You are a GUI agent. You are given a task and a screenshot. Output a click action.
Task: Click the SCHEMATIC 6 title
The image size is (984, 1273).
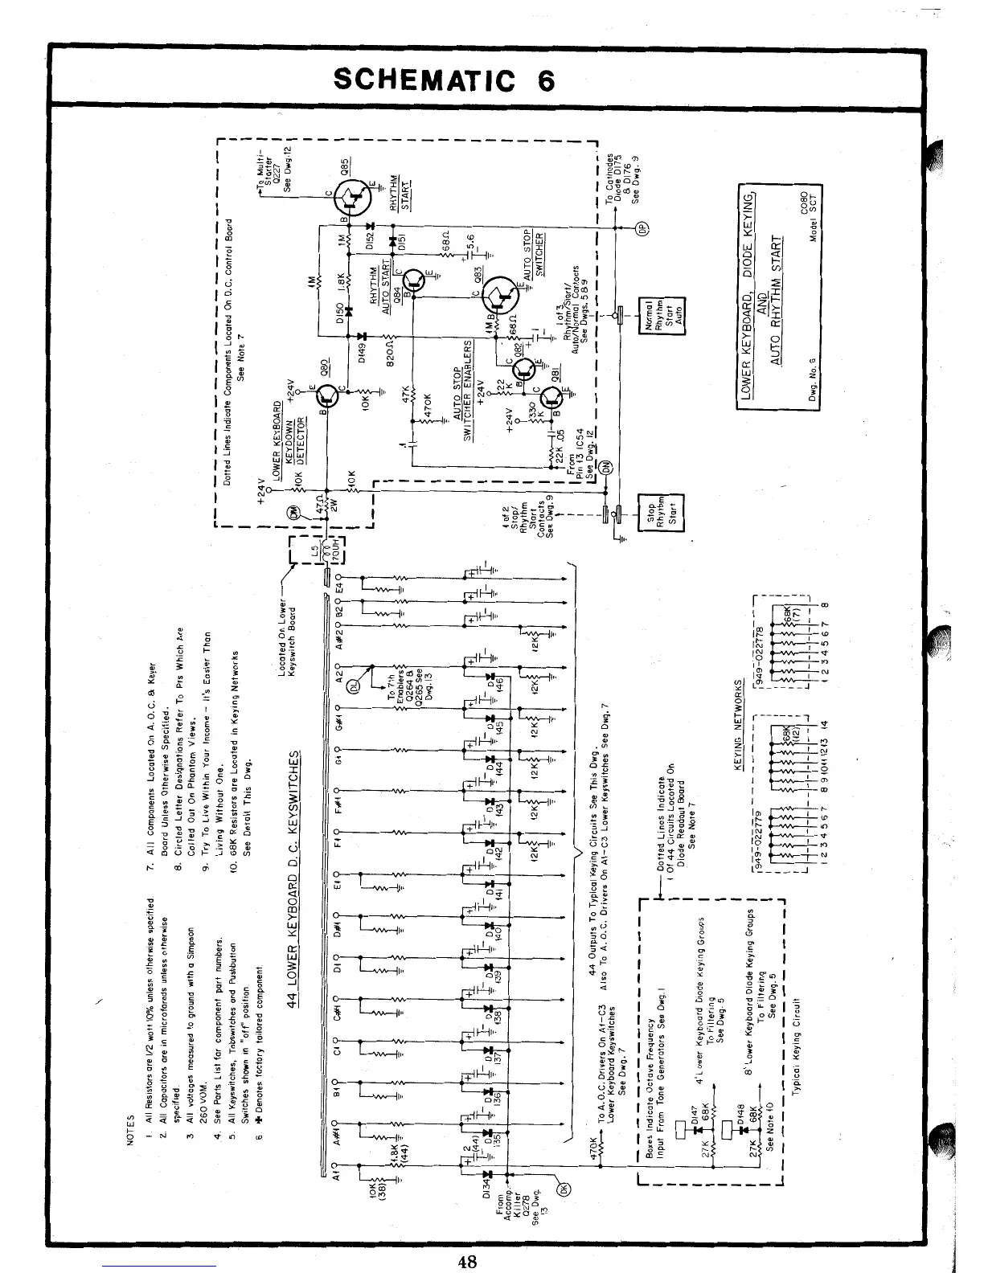(444, 80)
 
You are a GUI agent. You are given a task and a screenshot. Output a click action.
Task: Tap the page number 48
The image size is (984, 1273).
(469, 1261)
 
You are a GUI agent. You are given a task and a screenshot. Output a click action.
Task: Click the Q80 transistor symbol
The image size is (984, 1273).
(329, 396)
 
